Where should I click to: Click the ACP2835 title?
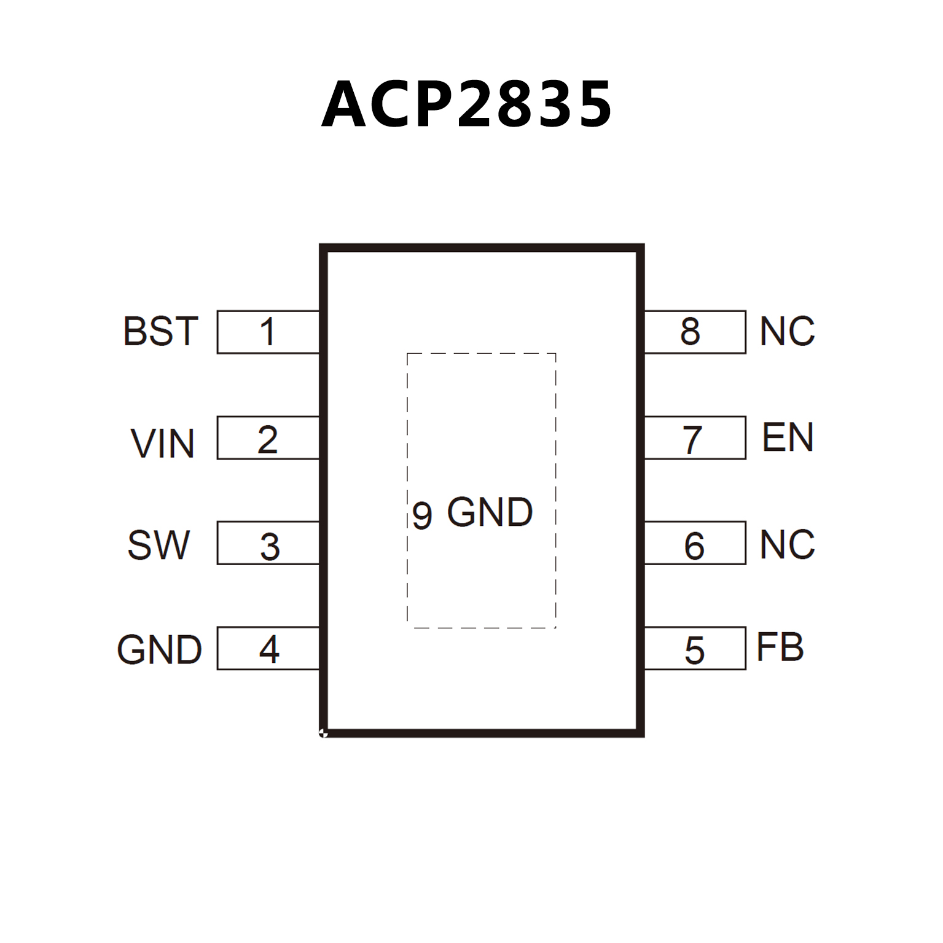467,104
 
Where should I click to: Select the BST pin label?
161,332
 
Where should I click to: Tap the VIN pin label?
163,444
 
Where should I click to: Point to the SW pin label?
159,545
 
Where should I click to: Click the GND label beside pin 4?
160,650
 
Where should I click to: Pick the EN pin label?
788,437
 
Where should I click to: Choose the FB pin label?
780,647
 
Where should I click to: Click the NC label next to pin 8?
787,332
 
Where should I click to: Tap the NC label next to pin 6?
787,544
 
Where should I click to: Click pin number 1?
267,332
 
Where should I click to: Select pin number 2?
268,440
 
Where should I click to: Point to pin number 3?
270,547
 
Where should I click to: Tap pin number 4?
269,649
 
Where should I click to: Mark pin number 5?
694,651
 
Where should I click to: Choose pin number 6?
694,546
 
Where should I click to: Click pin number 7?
693,440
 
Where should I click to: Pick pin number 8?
690,332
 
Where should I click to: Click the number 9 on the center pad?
422,515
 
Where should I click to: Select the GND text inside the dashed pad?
490,512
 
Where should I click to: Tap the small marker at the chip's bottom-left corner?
323,732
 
